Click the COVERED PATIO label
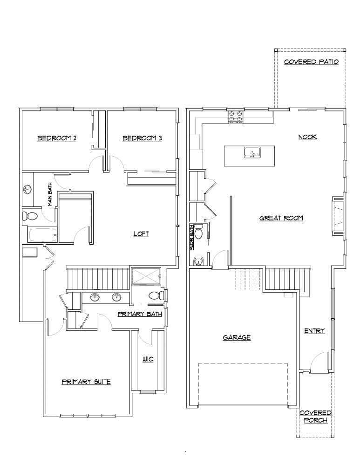[311, 62]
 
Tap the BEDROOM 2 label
[57, 138]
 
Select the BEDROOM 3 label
[143, 138]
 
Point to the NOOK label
[307, 137]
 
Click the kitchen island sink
[252, 153]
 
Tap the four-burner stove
[236, 116]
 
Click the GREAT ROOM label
[281, 218]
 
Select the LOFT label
[141, 234]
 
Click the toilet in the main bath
[30, 216]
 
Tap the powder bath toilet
[199, 232]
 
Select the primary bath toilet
[156, 295]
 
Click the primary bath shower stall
[146, 276]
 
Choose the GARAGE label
[237, 337]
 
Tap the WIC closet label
[148, 359]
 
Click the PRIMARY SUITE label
[86, 382]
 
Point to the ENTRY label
[314, 331]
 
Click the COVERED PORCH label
[315, 417]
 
